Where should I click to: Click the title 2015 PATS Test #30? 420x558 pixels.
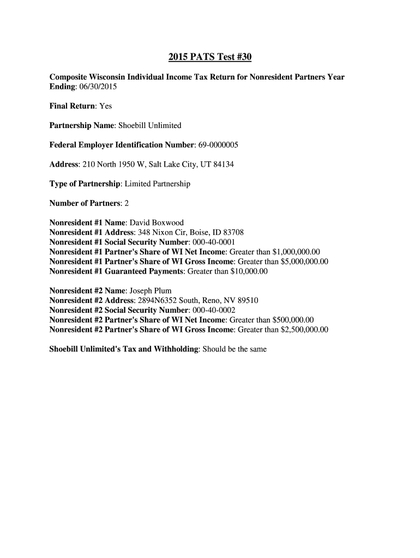pyautogui.click(x=209, y=57)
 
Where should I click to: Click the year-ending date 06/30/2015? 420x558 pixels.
pyautogui.click(x=100, y=87)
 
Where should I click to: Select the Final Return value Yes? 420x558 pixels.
pyautogui.click(x=105, y=106)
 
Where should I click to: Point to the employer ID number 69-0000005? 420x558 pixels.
pyautogui.click(x=218, y=145)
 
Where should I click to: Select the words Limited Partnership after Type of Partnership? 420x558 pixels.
pyautogui.click(x=158, y=184)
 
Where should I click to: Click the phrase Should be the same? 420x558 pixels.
pyautogui.click(x=235, y=349)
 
